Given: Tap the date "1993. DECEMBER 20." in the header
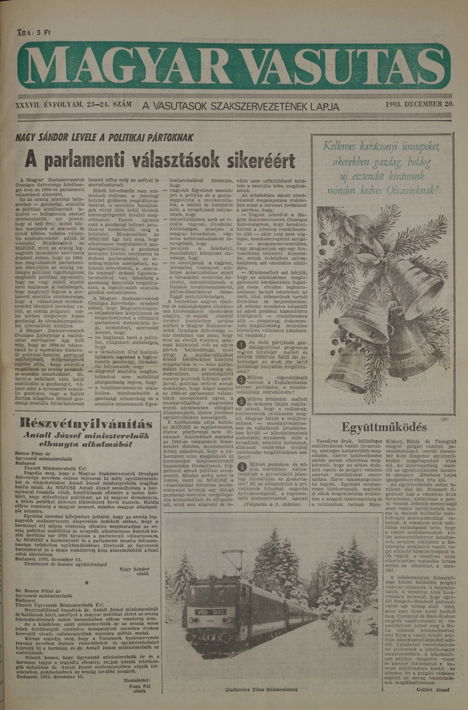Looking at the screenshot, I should point(420,104).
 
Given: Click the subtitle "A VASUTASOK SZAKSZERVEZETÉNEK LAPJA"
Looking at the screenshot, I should point(241,106).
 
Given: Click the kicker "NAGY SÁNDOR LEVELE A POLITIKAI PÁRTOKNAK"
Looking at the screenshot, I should point(105,138).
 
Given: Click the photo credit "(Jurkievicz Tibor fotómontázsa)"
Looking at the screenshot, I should point(261,689).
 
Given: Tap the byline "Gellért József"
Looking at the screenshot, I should point(433,689).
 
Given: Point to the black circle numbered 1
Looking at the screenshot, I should point(241,345).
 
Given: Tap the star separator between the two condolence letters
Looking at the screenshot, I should point(87,583).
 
